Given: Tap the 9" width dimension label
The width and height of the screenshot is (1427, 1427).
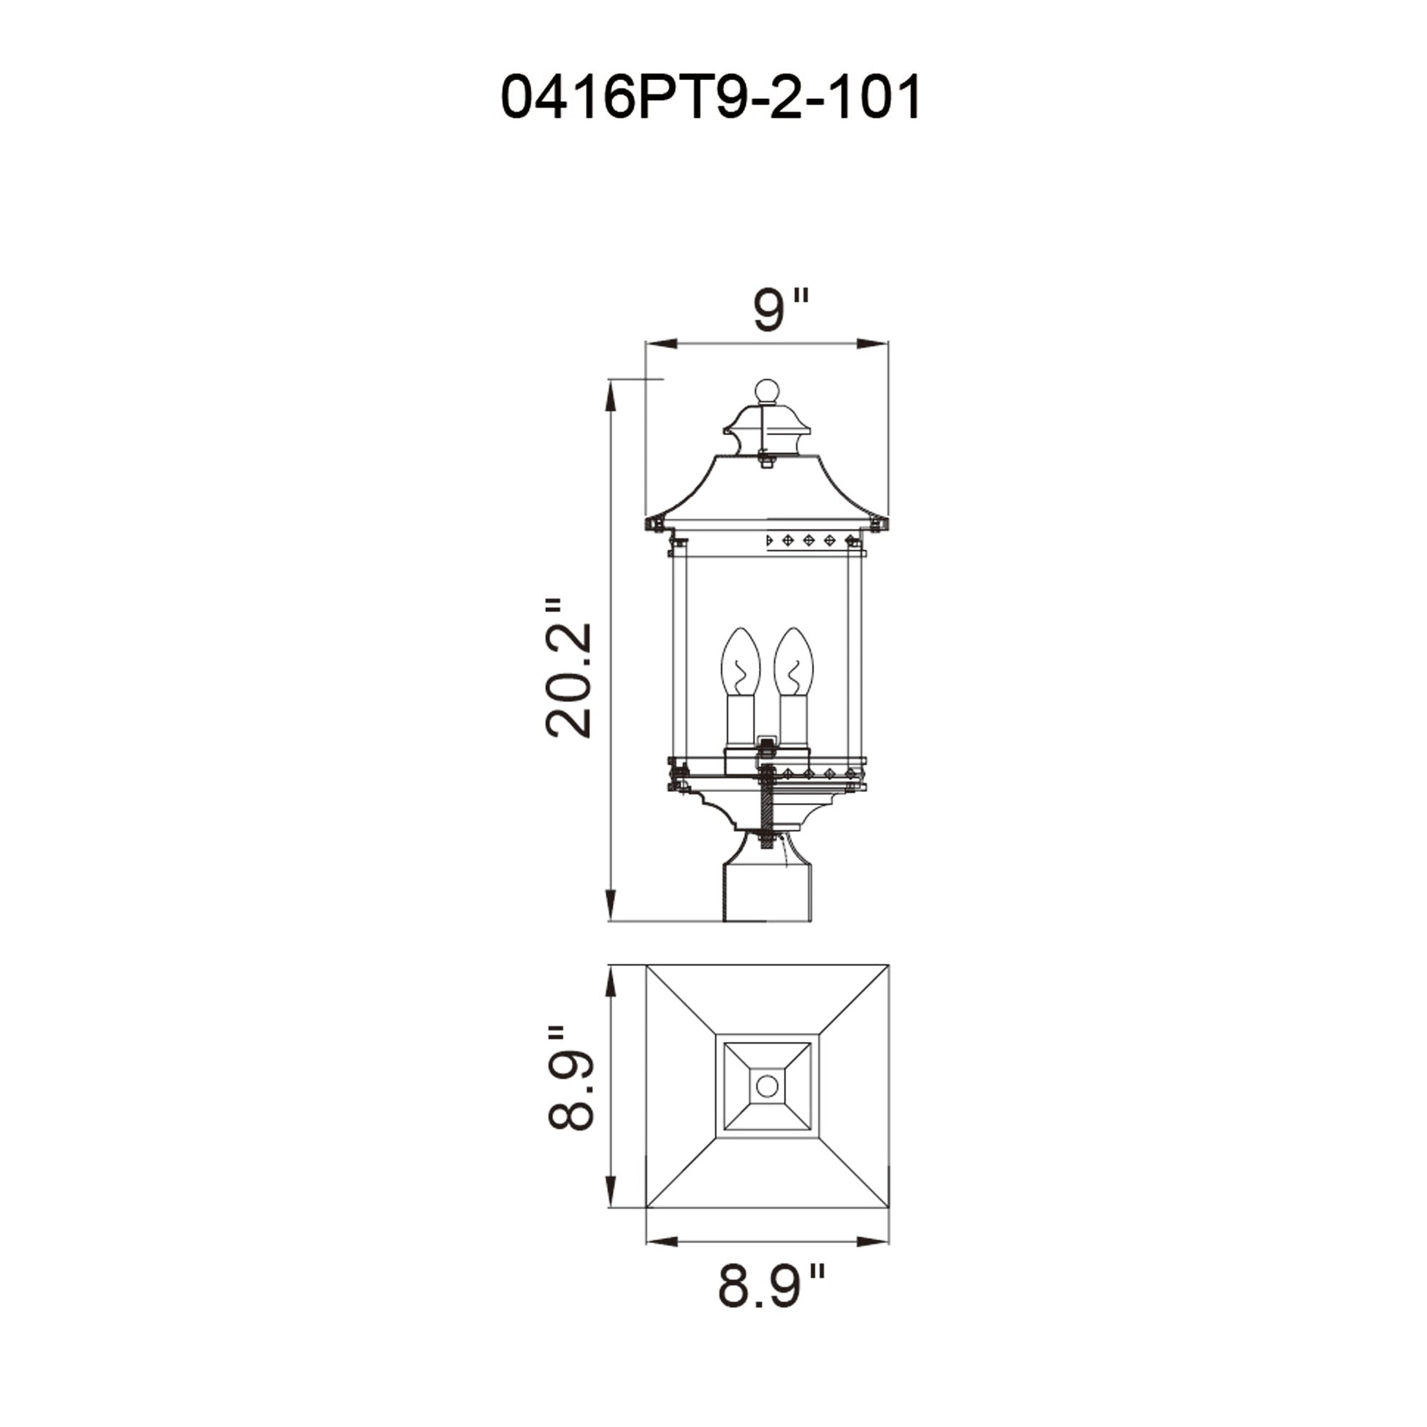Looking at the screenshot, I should pos(780,311).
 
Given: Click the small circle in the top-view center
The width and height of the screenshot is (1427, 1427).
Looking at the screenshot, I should pos(767,1086).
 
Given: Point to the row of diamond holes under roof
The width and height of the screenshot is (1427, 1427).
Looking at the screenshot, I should pos(808,540).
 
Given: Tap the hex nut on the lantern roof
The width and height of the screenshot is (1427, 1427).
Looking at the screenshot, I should pos(767,463).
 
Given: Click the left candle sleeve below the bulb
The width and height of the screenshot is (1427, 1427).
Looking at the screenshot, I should pos(739,722).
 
